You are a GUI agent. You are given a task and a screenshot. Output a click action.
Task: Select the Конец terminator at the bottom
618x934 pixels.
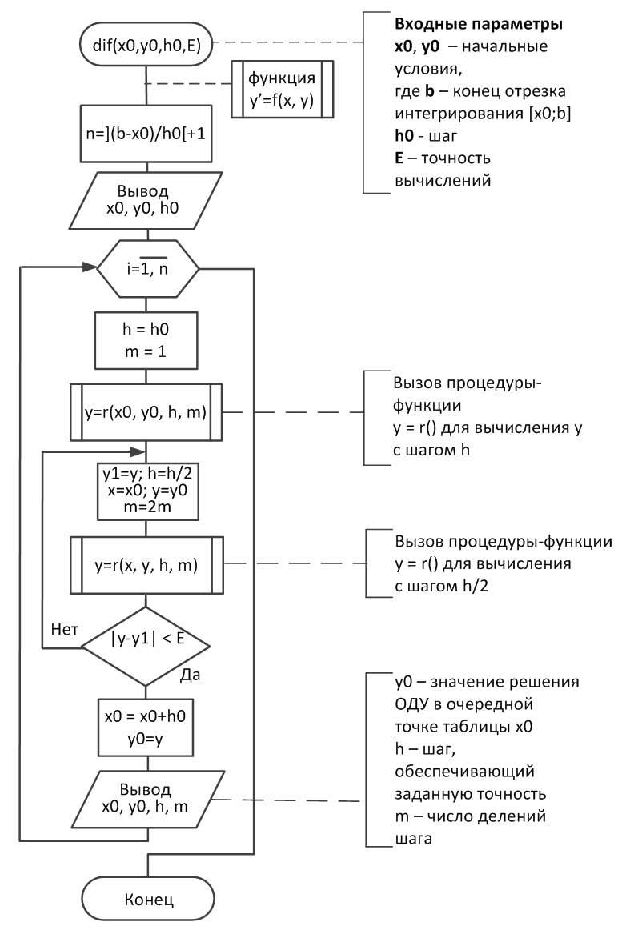tap(148, 899)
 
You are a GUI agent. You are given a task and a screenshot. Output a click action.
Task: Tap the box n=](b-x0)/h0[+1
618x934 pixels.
tap(146, 134)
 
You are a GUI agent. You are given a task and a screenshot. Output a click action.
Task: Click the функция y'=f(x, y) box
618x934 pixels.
tap(282, 90)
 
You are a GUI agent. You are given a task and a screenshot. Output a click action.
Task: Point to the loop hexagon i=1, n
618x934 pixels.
tap(148, 269)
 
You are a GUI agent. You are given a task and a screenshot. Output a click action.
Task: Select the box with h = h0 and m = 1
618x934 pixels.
tap(146, 340)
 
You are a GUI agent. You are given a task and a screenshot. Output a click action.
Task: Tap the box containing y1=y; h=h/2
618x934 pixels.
tap(148, 491)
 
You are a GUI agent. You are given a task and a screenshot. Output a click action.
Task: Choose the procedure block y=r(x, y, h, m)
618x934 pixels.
tap(146, 565)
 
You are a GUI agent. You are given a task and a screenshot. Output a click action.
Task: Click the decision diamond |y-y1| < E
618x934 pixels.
tap(146, 647)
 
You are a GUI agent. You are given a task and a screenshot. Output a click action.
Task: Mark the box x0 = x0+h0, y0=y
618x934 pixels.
tap(146, 728)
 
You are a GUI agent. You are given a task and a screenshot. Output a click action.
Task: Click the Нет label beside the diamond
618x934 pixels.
tap(64, 630)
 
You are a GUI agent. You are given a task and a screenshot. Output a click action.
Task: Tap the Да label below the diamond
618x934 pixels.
tap(190, 675)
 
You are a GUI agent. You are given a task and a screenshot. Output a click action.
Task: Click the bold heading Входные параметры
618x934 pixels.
tap(479, 25)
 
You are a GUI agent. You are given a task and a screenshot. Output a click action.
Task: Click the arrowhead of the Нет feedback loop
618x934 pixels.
tap(138, 451)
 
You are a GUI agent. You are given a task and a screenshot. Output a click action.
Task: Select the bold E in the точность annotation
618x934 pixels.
tap(399, 158)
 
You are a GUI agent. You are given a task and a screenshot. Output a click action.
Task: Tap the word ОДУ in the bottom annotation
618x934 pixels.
tap(411, 704)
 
